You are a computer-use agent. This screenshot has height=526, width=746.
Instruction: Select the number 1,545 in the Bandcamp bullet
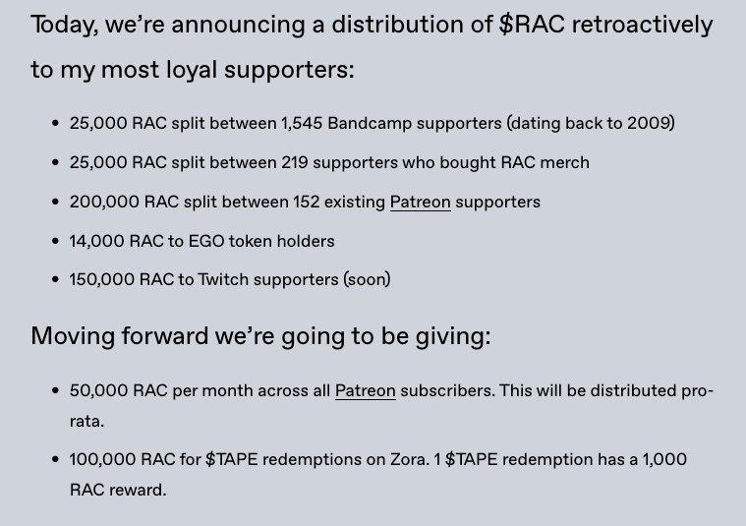[x=302, y=123]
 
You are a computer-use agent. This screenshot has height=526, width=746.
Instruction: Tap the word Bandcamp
[x=366, y=123]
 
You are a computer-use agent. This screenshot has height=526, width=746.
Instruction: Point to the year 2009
[x=649, y=123]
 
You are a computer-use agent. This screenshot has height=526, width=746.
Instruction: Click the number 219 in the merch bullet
[x=295, y=162]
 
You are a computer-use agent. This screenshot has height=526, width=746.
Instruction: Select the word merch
[x=564, y=162]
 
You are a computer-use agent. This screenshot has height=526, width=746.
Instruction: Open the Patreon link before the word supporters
[x=420, y=202]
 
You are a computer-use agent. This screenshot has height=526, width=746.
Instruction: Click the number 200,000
[x=104, y=202]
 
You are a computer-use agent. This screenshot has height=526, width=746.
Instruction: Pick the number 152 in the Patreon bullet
[x=307, y=202]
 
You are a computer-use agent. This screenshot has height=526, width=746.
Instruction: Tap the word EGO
[x=206, y=241]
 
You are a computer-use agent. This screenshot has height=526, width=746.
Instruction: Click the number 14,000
[x=96, y=241]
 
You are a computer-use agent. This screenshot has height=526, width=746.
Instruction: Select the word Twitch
[x=223, y=279]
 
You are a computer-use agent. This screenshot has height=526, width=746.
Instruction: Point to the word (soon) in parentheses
[x=367, y=279]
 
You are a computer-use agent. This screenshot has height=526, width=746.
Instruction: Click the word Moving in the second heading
[x=72, y=336]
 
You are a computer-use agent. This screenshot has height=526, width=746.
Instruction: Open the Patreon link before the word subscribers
[x=365, y=390]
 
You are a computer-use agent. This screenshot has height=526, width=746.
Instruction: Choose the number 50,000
[x=98, y=390]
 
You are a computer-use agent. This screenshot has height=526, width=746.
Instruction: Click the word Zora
[x=408, y=459]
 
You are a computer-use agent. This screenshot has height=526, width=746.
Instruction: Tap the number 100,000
[x=102, y=459]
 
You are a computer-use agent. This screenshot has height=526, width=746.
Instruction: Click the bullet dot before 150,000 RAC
[x=55, y=280]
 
